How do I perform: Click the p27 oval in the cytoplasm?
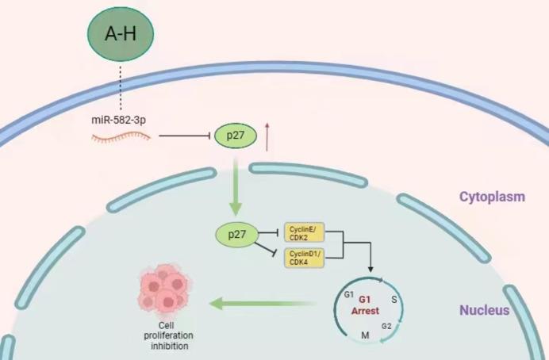[x=233, y=137]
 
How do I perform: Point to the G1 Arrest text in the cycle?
[x=366, y=305]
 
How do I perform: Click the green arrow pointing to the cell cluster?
[x=262, y=301]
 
